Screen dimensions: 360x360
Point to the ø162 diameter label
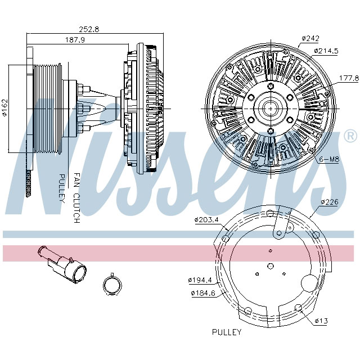4,107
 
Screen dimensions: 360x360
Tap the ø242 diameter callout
310,38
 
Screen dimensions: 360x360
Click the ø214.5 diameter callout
326,51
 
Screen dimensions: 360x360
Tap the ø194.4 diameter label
200,280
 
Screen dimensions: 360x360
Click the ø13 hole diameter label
321,321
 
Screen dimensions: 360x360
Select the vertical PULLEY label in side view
62,188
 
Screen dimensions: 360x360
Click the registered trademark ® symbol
349,136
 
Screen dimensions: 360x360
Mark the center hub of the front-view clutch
269,107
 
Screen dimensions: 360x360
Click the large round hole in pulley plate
309,283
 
